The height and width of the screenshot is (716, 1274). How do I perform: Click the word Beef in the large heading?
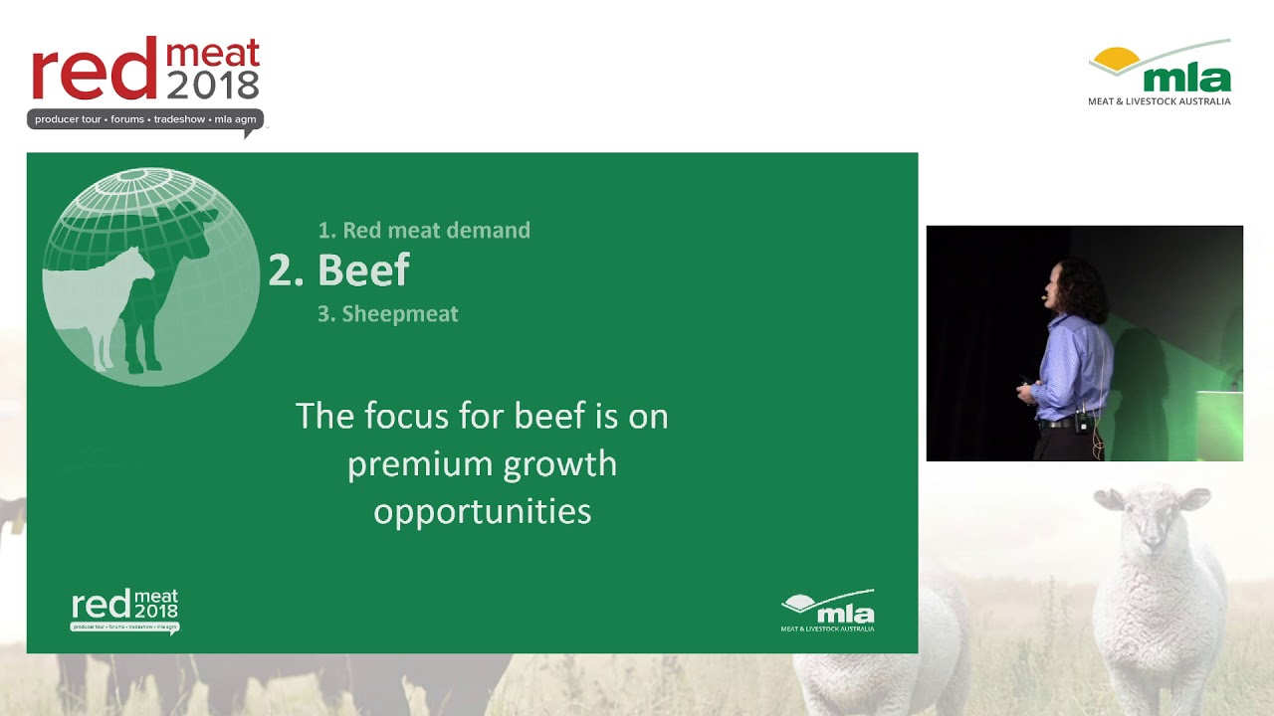click(363, 270)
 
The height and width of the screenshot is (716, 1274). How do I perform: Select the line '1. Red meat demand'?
click(424, 231)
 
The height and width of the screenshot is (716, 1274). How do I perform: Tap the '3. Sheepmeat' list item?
click(388, 314)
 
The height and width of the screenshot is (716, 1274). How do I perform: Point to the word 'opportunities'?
click(483, 511)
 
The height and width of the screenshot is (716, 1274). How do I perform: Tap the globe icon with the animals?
click(150, 276)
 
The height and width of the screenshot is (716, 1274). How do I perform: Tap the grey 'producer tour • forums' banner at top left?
click(145, 119)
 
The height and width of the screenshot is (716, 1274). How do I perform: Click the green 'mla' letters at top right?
click(1186, 78)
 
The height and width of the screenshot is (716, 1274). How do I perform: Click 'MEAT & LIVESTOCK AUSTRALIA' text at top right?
click(1159, 101)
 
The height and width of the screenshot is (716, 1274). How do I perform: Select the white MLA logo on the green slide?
click(827, 611)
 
